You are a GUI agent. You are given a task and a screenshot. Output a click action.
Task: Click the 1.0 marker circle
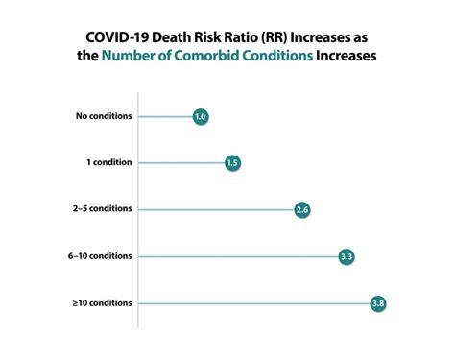coord(200,117)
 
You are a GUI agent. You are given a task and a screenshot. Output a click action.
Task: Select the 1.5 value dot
coord(232,163)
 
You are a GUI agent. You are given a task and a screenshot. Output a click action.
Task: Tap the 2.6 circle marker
coord(302,209)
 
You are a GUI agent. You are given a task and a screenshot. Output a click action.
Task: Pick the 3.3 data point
coord(347,256)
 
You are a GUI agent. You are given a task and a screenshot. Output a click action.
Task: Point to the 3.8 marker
coord(378,303)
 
